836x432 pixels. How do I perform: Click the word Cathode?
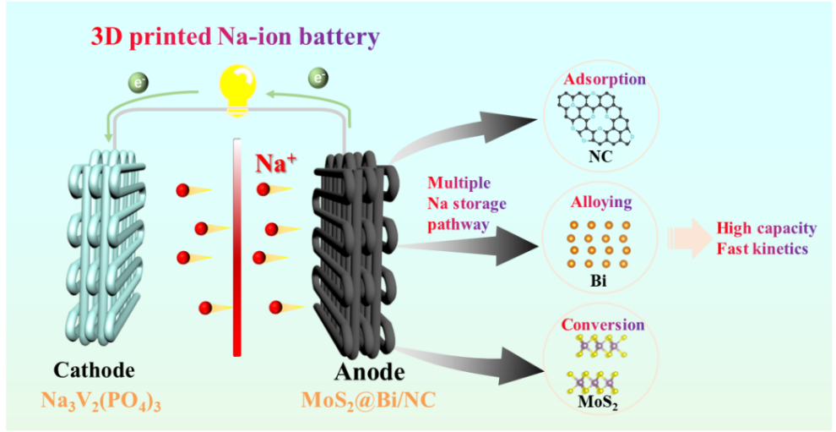coord(94,370)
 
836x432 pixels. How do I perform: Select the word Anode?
coord(368,372)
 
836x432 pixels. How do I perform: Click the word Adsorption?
coord(605,79)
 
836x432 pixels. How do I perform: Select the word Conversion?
coord(603,325)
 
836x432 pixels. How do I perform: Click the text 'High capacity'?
coord(767,228)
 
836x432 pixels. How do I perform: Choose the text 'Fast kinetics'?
coord(763,249)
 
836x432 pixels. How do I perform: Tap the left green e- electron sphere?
coord(138,83)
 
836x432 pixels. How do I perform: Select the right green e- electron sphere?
coord(318,78)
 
